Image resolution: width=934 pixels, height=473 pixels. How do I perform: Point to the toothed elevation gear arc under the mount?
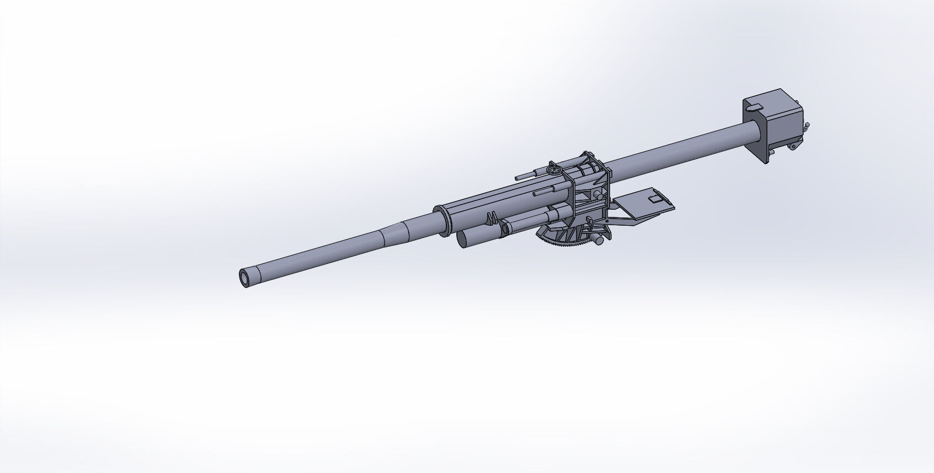point(563,243)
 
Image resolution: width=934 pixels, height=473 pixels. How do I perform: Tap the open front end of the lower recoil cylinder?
point(463,239)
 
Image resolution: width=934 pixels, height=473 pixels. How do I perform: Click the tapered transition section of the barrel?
point(392,235)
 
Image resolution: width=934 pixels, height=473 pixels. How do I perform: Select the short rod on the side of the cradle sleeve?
point(544,192)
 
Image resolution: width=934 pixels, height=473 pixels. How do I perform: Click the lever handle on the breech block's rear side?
point(807,126)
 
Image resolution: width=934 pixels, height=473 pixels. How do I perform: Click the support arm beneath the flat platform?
point(629,221)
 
